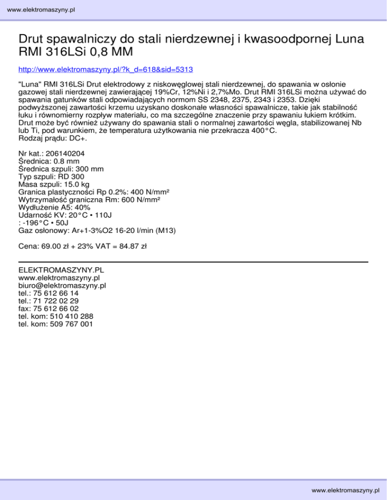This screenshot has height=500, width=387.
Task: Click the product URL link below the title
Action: tap(106, 68)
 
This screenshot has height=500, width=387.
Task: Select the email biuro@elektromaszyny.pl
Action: tap(61, 285)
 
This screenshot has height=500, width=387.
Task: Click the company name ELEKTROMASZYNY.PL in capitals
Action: tap(61, 270)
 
